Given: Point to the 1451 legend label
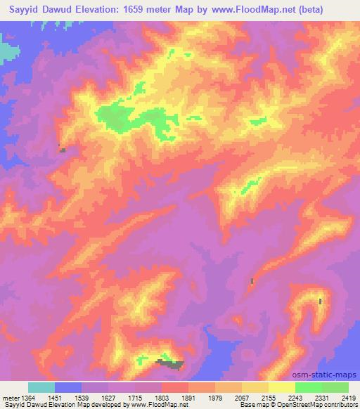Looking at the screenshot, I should pyautogui.click(x=56, y=398).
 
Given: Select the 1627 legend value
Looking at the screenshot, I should pyautogui.click(x=110, y=398).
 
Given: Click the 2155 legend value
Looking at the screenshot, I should pyautogui.click(x=271, y=398).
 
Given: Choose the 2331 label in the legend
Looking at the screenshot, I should pyautogui.click(x=323, y=398).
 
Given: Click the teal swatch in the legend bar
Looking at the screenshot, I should pyautogui.click(x=41, y=388).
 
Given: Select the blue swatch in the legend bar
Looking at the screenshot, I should pyautogui.click(x=68, y=388).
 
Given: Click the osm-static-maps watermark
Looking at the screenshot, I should pyautogui.click(x=329, y=374).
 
